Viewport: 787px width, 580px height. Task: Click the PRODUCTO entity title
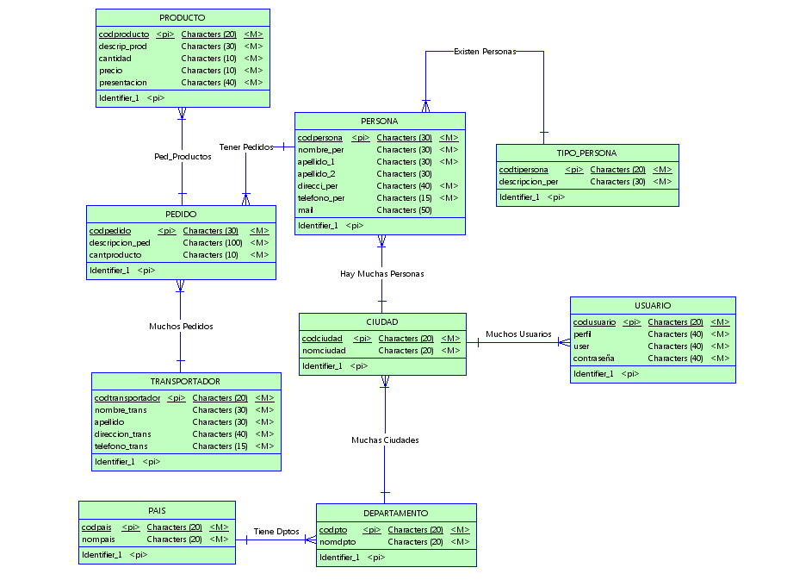click(x=183, y=17)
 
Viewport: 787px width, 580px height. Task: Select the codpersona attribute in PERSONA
click(x=320, y=138)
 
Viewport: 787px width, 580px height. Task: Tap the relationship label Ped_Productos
click(x=183, y=157)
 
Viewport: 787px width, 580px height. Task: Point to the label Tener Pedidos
click(x=245, y=147)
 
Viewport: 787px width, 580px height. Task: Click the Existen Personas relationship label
click(x=484, y=52)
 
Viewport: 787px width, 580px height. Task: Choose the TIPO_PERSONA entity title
click(x=586, y=153)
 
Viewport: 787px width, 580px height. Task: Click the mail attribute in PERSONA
click(x=305, y=210)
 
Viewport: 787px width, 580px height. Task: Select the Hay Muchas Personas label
click(x=381, y=274)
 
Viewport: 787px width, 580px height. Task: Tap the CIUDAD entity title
click(x=382, y=322)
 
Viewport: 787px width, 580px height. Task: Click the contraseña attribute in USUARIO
click(x=594, y=359)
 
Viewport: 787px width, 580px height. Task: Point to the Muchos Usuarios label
click(x=518, y=334)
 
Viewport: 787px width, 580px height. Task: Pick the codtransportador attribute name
click(x=127, y=398)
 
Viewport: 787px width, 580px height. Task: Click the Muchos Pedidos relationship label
click(x=181, y=327)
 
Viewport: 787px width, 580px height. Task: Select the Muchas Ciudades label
click(x=385, y=440)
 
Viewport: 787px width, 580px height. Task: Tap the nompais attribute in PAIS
click(x=98, y=539)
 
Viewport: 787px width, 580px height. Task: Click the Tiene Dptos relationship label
click(x=276, y=532)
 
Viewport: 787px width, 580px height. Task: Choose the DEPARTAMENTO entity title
click(x=395, y=513)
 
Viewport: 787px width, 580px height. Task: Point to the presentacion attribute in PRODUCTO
click(x=122, y=83)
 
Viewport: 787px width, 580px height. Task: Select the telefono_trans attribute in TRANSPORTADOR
click(x=121, y=446)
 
